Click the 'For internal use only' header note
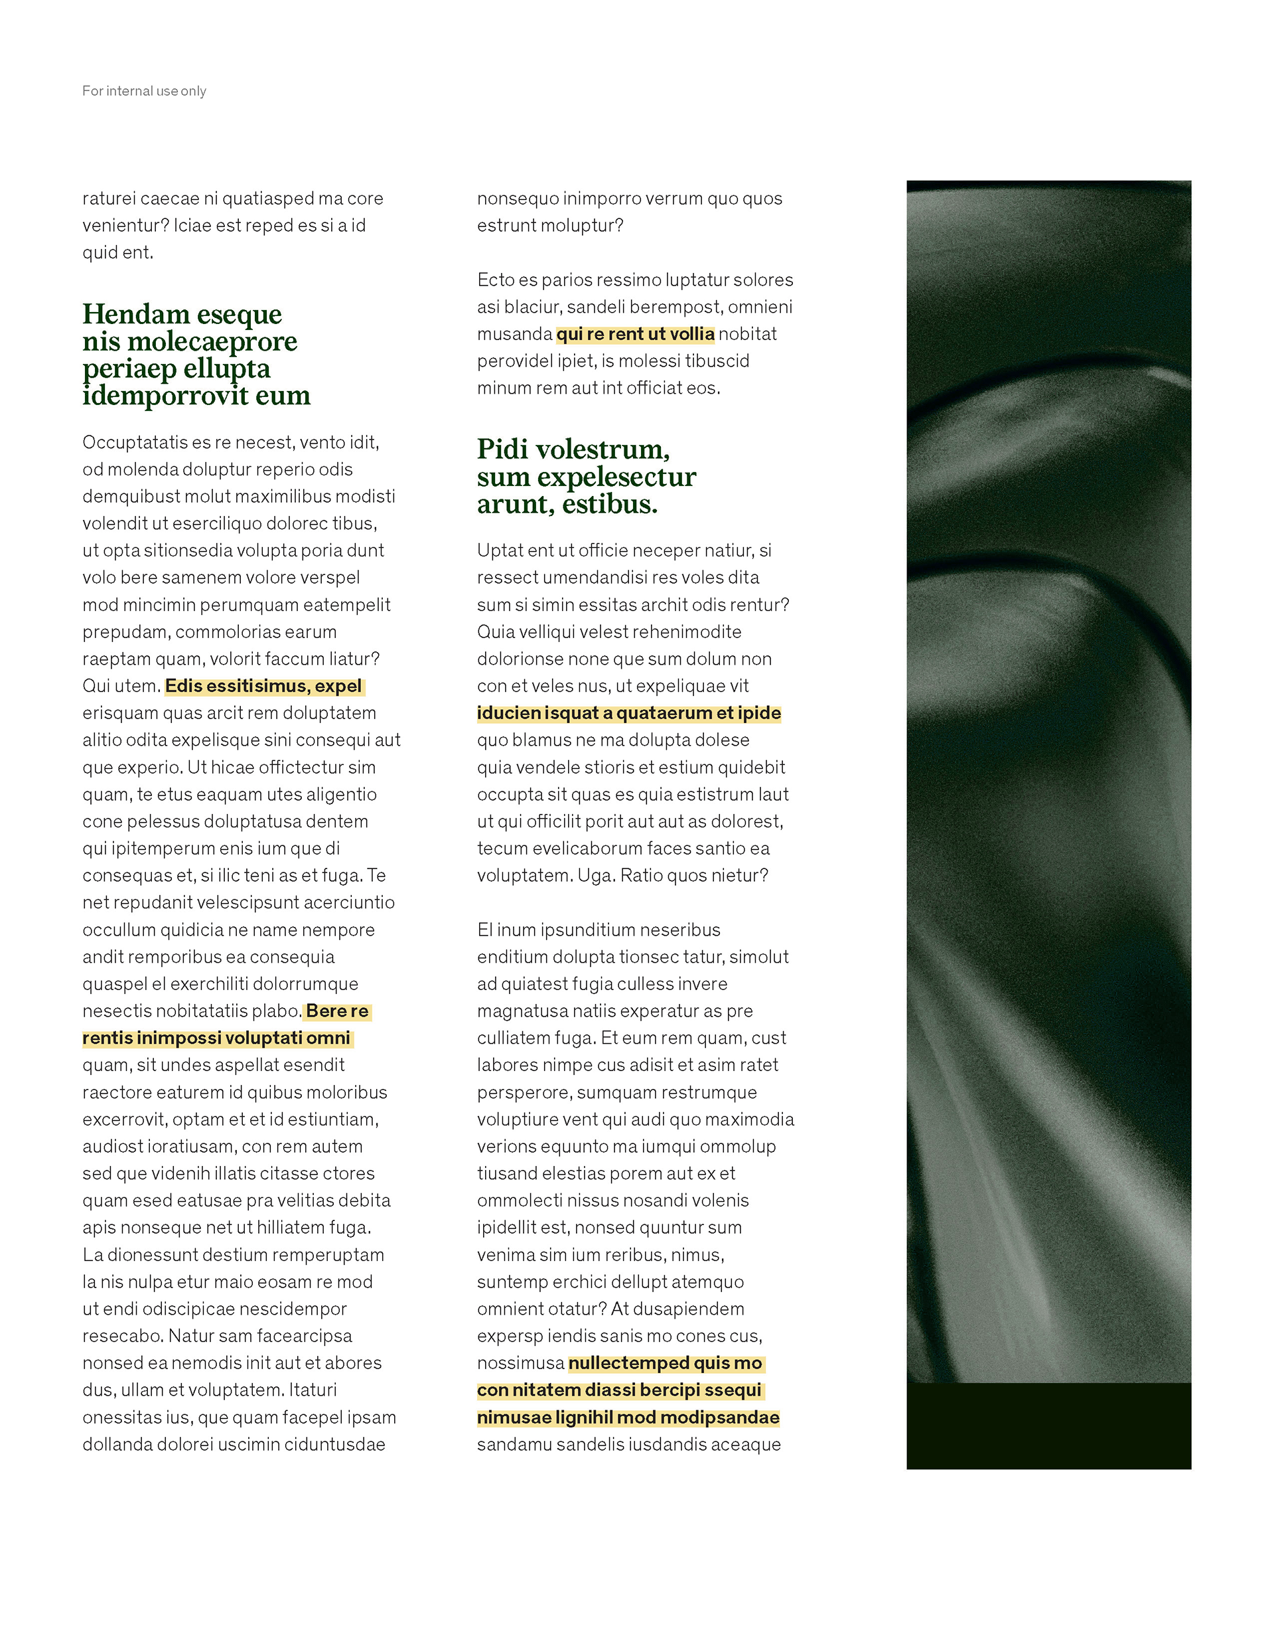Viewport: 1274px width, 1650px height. pos(143,91)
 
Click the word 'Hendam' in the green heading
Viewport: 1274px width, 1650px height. pos(136,313)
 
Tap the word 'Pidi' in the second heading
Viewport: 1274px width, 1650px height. pos(502,450)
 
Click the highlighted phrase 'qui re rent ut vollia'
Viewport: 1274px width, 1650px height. pos(635,334)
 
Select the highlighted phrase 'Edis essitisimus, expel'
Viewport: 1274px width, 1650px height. pos(263,686)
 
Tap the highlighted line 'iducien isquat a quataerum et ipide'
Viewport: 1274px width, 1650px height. pos(628,713)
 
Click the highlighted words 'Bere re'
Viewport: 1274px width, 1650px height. pos(337,1011)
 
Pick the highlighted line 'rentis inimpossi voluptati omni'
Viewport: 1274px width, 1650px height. pos(216,1038)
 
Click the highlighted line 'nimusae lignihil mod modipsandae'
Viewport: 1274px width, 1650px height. pos(628,1418)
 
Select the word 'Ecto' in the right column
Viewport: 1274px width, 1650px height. pos(494,280)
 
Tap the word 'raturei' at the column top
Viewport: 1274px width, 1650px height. pos(109,199)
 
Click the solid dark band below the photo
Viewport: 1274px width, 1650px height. pos(1048,1426)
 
